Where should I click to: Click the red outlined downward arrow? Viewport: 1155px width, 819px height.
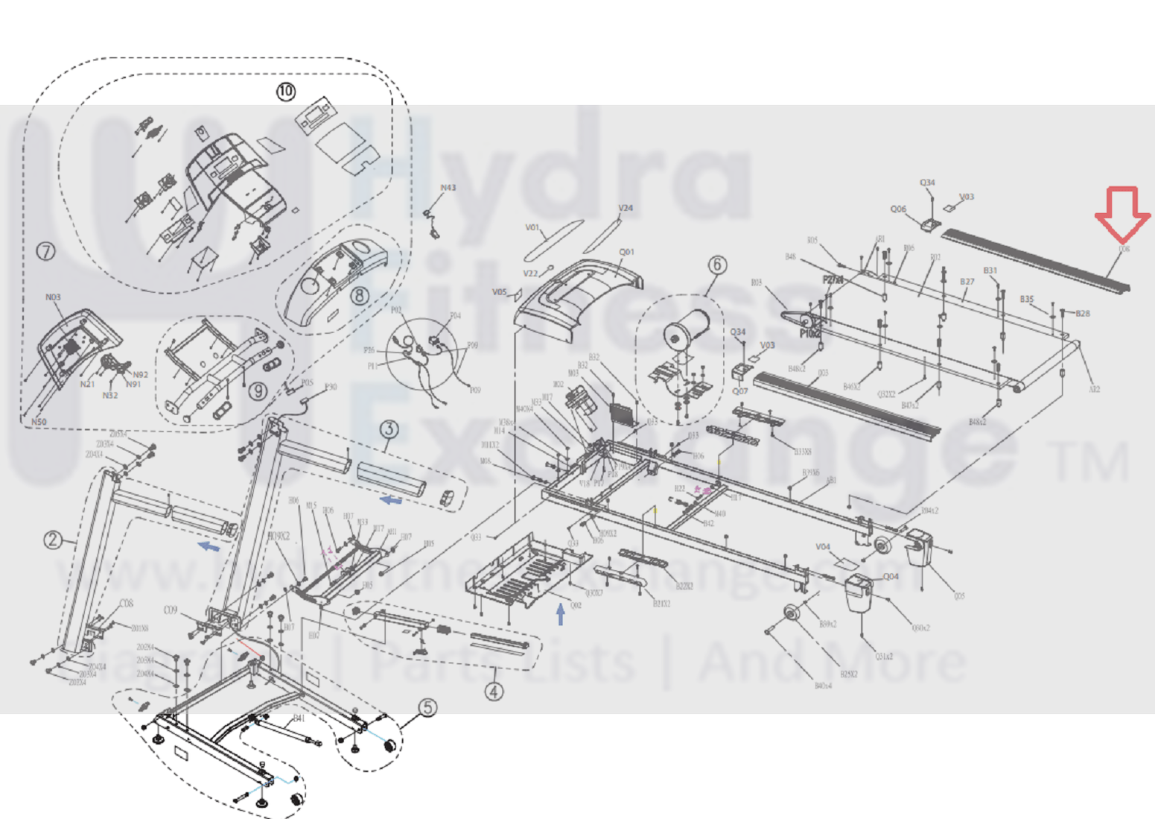pyautogui.click(x=1123, y=214)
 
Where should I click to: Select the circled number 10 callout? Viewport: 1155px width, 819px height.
pyautogui.click(x=286, y=92)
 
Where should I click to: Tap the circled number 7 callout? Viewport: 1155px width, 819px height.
pyautogui.click(x=46, y=252)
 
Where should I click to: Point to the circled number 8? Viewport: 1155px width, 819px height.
pyautogui.click(x=360, y=295)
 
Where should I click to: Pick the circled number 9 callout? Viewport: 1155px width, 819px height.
pyautogui.click(x=258, y=390)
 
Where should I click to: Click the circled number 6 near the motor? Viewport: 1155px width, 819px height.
pyautogui.click(x=716, y=265)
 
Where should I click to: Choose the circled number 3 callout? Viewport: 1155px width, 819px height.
pyautogui.click(x=389, y=429)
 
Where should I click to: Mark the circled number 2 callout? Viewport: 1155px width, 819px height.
pyautogui.click(x=52, y=540)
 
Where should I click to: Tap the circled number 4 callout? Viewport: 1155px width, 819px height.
pyautogui.click(x=494, y=692)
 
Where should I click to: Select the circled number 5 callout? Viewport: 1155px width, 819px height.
pyautogui.click(x=427, y=707)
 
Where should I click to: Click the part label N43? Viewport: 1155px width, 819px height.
pyautogui.click(x=448, y=188)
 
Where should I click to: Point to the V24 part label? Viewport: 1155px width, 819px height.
pyautogui.click(x=626, y=208)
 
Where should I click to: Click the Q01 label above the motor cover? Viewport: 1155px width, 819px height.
pyautogui.click(x=627, y=252)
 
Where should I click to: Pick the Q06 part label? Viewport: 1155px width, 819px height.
pyautogui.click(x=898, y=209)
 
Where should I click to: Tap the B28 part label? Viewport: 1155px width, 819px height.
pyautogui.click(x=1082, y=314)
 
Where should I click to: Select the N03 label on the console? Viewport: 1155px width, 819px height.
pyautogui.click(x=53, y=297)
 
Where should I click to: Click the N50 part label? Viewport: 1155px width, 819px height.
pyautogui.click(x=39, y=422)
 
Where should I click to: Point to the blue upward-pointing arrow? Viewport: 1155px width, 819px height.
pyautogui.click(x=561, y=614)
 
